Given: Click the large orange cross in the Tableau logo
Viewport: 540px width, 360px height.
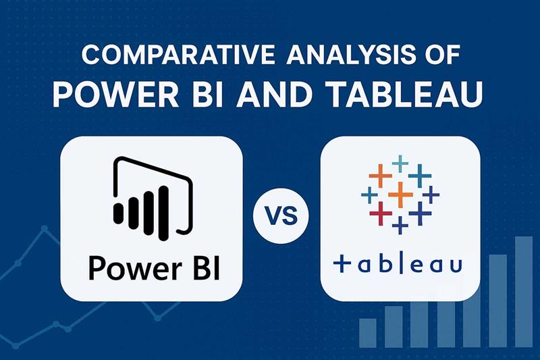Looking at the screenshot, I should [401, 195].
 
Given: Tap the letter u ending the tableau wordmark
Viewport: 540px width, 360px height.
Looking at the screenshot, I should [454, 264].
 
